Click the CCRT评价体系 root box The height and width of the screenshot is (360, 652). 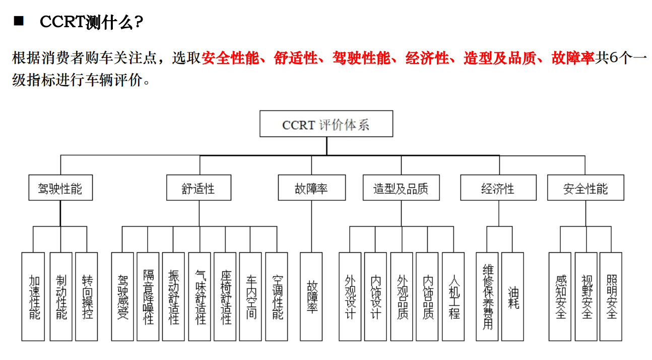326,124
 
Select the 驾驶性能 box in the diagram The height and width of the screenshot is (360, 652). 60,188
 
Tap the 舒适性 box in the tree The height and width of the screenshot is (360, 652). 199,188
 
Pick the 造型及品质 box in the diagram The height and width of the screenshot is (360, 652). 401,188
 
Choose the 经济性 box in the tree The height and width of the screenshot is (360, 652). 498,188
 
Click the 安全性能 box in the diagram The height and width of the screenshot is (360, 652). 585,188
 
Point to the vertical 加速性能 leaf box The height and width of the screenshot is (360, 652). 33,297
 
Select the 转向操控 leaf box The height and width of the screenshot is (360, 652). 87,297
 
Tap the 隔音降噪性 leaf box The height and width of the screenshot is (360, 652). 148,297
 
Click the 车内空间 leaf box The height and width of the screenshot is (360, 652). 250,297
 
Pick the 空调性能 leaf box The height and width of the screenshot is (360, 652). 277,297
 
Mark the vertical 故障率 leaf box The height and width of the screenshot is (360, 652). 311,297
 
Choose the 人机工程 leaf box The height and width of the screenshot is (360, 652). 453,297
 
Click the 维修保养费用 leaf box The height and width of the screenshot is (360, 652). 487,297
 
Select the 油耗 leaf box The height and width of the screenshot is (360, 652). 513,297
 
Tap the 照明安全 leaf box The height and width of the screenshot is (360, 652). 611,297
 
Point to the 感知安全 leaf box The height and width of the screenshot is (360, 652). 560,297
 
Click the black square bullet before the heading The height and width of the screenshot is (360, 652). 19,21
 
